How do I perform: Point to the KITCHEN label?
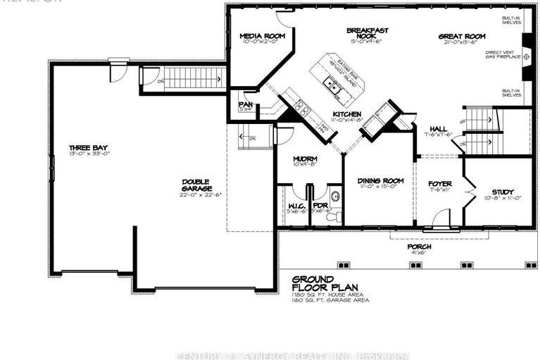point(348,114)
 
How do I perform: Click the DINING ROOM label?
point(381,181)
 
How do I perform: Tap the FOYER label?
point(440,184)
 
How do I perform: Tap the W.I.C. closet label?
point(295,206)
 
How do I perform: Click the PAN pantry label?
point(246,104)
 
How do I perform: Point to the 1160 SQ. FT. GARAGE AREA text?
point(330,299)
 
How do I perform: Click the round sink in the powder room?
point(334,196)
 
